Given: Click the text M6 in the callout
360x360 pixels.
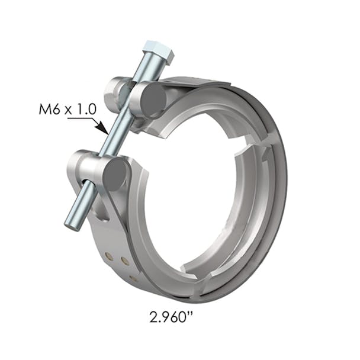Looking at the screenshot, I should click(x=50, y=110).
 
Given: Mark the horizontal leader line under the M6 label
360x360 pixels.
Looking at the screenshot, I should click(x=80, y=119).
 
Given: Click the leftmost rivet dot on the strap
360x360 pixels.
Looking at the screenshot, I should click(x=109, y=256).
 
